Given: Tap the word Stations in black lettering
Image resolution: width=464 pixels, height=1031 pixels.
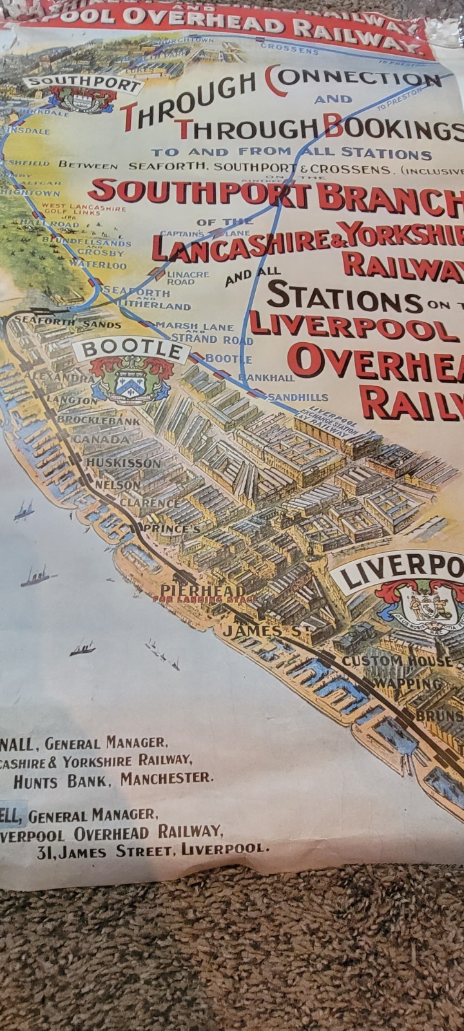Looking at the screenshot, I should coord(342,296).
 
